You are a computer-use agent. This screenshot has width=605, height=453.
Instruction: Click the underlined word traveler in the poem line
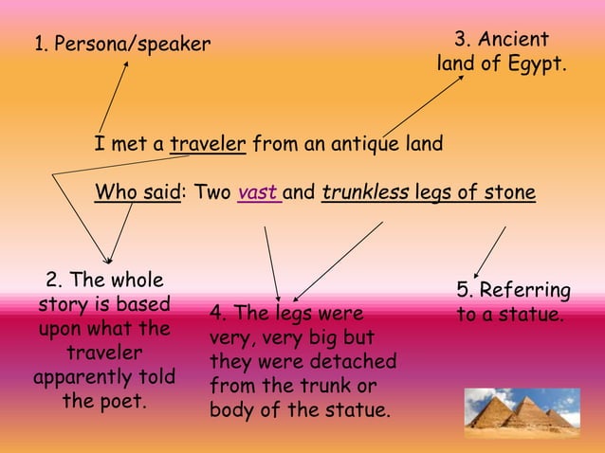point(208,145)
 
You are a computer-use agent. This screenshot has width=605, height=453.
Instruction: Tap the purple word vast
point(257,193)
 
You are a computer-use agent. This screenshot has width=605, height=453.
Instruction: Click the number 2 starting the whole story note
point(52,281)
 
